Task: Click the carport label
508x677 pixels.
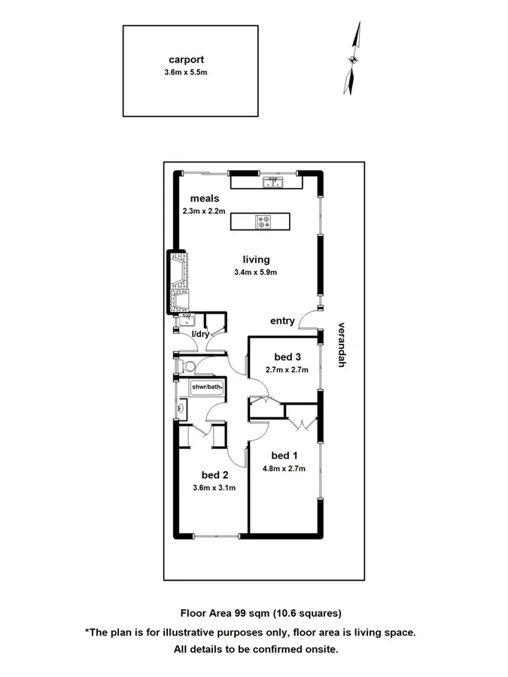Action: [186, 59]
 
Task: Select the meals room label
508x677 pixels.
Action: [204, 199]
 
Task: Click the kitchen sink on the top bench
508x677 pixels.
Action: [272, 182]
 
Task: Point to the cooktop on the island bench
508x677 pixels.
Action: [264, 221]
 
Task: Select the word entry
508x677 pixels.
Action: [282, 321]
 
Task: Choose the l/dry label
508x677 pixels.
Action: [201, 333]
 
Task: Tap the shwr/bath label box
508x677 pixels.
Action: [207, 387]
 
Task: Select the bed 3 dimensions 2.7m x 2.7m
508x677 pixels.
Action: [286, 370]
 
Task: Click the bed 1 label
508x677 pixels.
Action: [281, 455]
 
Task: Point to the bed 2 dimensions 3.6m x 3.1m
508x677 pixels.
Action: [214, 487]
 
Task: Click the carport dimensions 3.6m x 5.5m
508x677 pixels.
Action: [186, 72]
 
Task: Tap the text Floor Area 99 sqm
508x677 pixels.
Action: [227, 612]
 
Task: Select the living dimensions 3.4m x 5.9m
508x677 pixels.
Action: [257, 272]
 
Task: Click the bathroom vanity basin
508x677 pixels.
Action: [181, 410]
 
